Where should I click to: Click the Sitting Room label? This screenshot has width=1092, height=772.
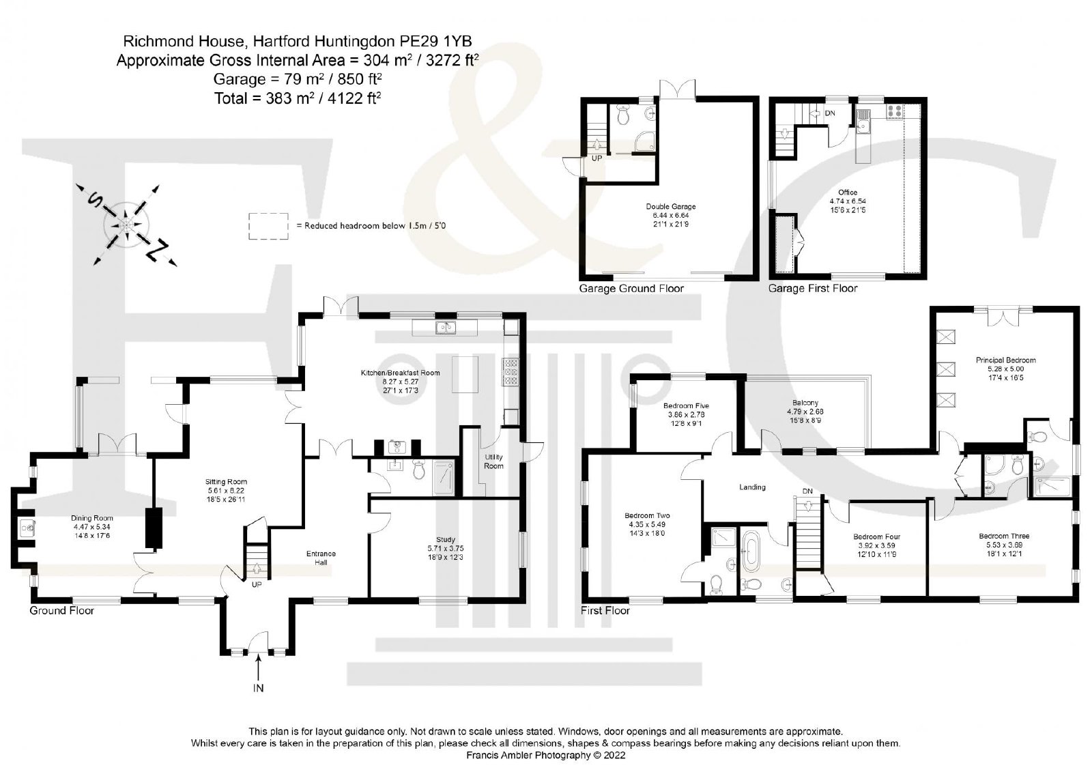pos(226,481)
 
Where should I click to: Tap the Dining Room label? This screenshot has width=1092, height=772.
pos(91,518)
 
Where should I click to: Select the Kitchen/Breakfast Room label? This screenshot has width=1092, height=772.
pos(400,373)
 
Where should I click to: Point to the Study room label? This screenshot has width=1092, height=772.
pos(446,539)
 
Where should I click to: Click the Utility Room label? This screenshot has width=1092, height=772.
pos(493,461)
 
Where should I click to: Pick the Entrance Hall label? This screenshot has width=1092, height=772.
pos(321,558)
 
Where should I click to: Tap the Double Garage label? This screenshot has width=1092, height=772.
pos(671,206)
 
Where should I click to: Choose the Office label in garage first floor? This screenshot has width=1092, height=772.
pos(848,192)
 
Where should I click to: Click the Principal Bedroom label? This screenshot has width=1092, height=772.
pos(1006,360)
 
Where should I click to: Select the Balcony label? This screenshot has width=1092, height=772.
pos(805,402)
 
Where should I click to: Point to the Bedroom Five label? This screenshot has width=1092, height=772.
pos(686,405)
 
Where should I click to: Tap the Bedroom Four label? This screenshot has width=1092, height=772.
pos(876,537)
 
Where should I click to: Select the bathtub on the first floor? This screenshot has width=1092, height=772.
pos(750,551)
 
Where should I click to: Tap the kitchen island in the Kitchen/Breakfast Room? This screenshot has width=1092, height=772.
pos(465,375)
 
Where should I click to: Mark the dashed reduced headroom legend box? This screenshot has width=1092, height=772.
pos(268,226)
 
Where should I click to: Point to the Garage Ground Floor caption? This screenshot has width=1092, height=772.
pos(631,288)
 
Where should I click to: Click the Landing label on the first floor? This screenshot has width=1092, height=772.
pos(752,487)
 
